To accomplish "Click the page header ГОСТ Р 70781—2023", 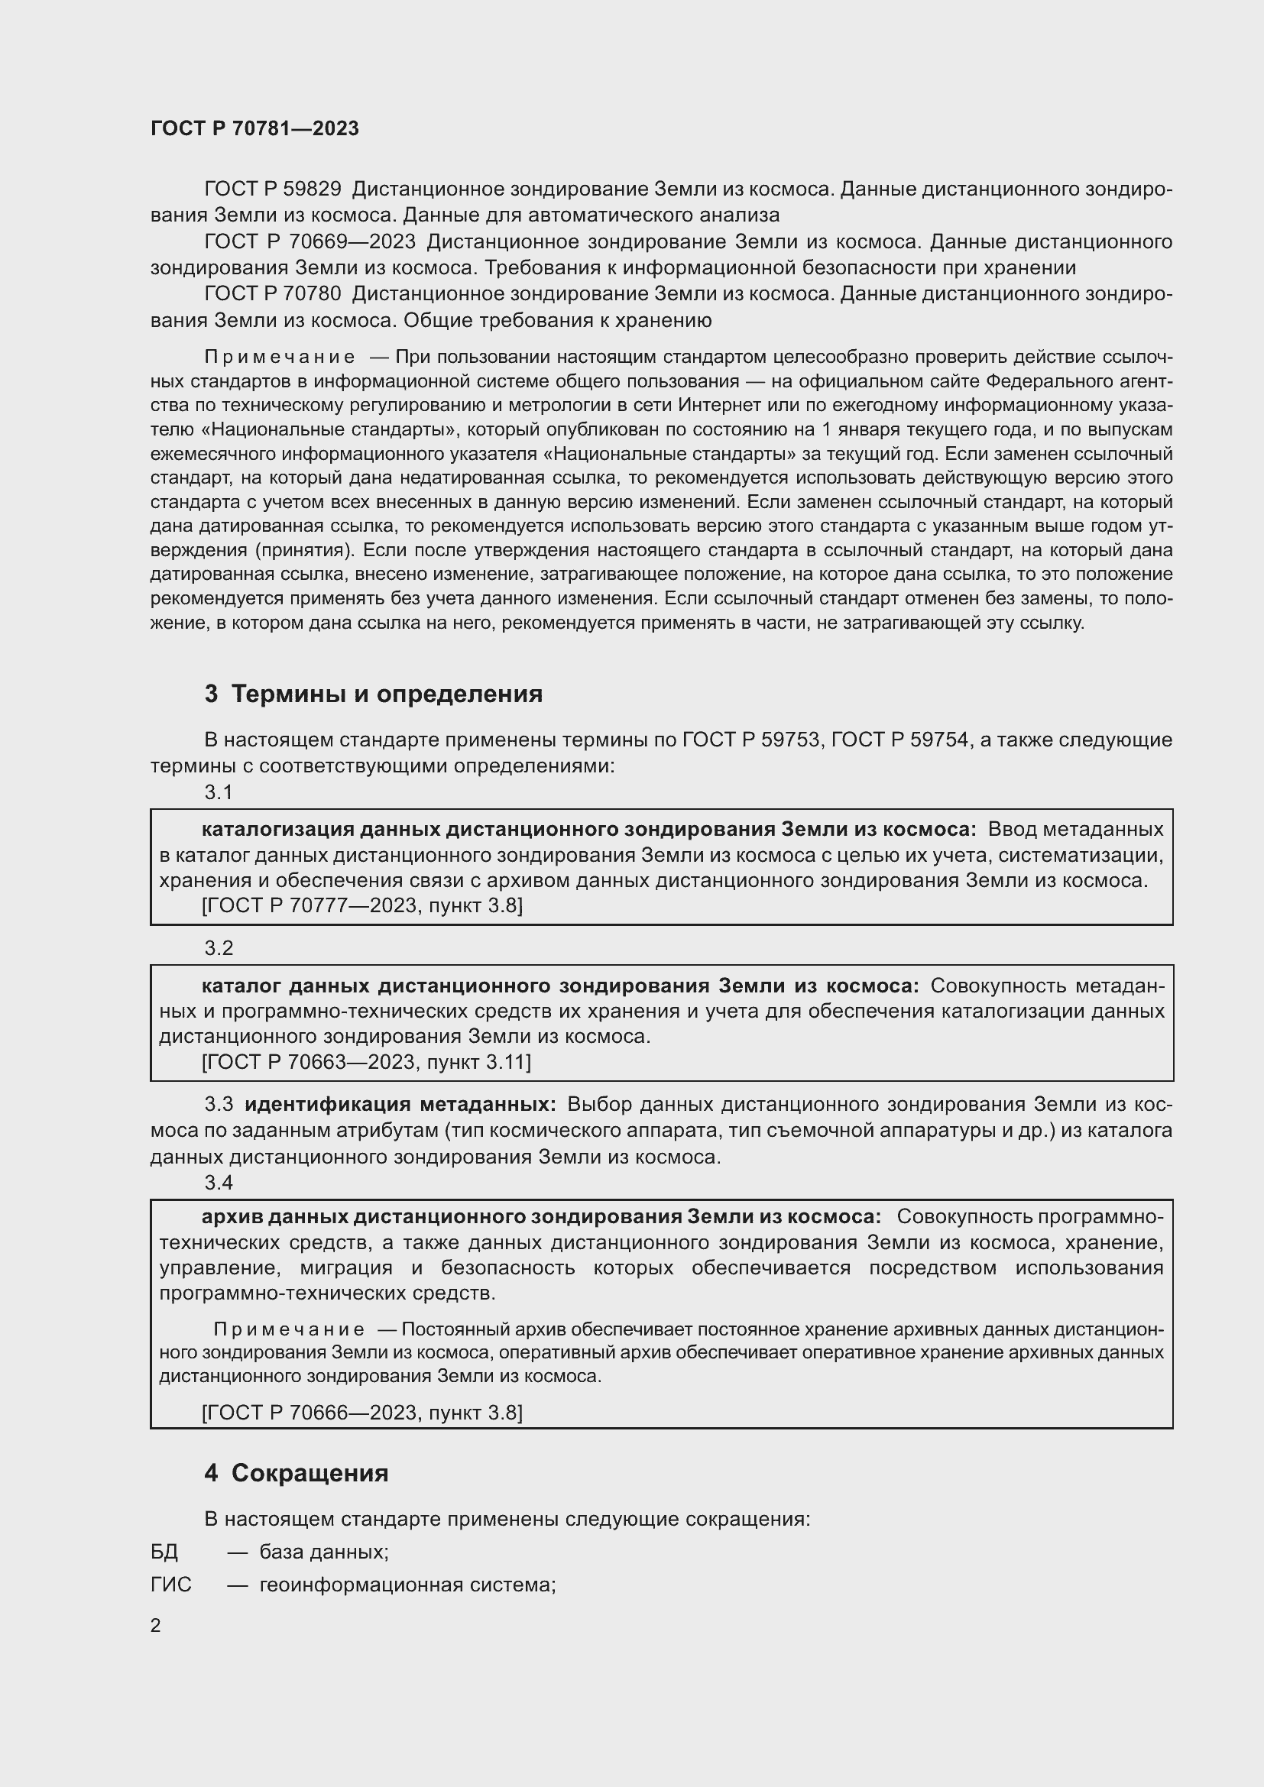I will click(254, 128).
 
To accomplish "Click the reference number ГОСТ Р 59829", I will click(272, 189).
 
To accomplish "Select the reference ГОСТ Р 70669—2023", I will click(310, 241).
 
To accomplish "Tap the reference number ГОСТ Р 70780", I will click(272, 293).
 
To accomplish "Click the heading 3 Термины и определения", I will click(374, 694).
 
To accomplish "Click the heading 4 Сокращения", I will click(296, 1473).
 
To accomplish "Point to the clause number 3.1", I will click(219, 792).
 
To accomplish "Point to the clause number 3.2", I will click(219, 948).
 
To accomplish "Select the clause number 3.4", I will click(219, 1182).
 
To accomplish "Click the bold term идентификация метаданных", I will click(400, 1105).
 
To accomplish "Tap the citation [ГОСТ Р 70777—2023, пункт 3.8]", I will click(362, 906).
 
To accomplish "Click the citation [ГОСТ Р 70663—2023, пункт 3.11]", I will click(366, 1063).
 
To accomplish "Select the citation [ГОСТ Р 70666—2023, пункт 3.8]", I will click(362, 1413).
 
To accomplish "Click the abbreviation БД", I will click(164, 1552).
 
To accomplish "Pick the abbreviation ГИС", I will click(170, 1585).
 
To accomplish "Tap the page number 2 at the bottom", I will click(156, 1626).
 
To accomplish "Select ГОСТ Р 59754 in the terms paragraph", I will click(899, 740).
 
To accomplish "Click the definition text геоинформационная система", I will click(407, 1585).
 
